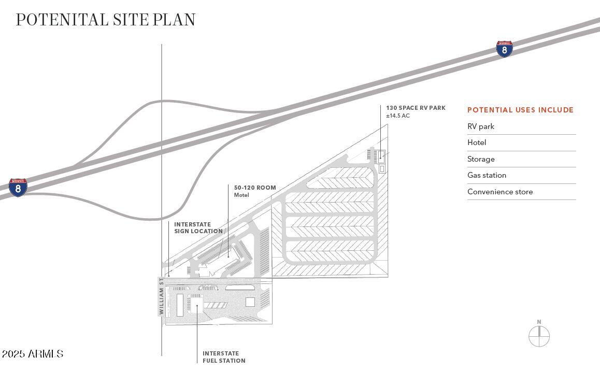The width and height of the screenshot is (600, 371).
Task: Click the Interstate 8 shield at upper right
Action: click(x=504, y=49)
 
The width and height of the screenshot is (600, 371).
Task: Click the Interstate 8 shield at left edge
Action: click(x=18, y=187)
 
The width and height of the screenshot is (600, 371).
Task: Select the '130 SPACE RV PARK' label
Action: click(x=416, y=108)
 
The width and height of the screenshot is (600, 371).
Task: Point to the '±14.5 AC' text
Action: click(x=398, y=116)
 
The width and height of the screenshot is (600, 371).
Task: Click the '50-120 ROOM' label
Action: click(x=255, y=188)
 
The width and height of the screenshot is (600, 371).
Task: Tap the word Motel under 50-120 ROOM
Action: click(x=241, y=195)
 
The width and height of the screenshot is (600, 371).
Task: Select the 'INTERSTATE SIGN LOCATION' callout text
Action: click(x=198, y=228)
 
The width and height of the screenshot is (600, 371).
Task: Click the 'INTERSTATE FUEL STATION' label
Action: click(x=224, y=357)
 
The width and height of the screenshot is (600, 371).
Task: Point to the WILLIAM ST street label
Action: click(x=162, y=296)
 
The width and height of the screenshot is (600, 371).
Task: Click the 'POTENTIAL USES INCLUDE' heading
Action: click(x=520, y=110)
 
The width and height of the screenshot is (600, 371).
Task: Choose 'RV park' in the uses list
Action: click(x=481, y=126)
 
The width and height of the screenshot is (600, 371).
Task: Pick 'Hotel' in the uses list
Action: click(x=477, y=142)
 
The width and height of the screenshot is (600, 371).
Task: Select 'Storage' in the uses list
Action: click(x=481, y=159)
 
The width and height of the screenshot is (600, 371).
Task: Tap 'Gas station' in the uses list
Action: click(x=487, y=175)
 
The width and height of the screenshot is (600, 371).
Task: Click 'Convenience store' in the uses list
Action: click(x=500, y=192)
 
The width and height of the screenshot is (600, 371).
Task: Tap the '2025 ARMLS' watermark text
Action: click(x=32, y=354)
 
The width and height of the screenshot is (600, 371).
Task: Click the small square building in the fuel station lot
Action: click(x=250, y=302)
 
